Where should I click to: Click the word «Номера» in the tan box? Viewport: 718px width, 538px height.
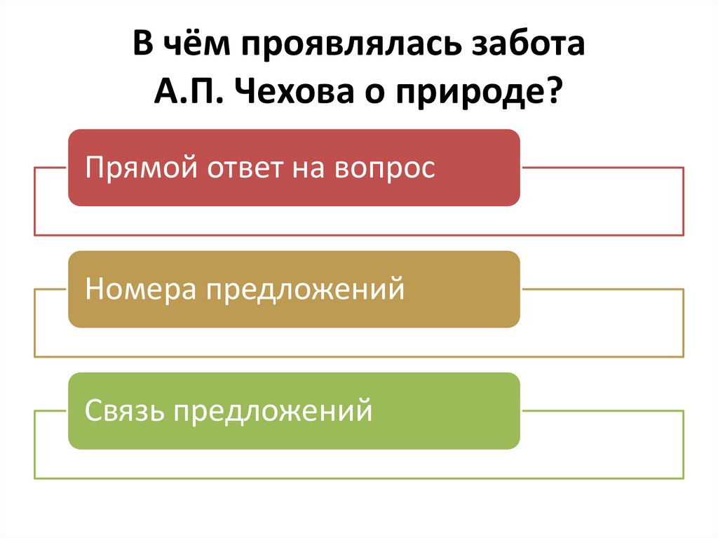point(140,289)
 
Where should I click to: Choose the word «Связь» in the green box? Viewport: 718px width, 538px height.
point(124,410)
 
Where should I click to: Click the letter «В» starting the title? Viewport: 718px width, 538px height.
point(143,47)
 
